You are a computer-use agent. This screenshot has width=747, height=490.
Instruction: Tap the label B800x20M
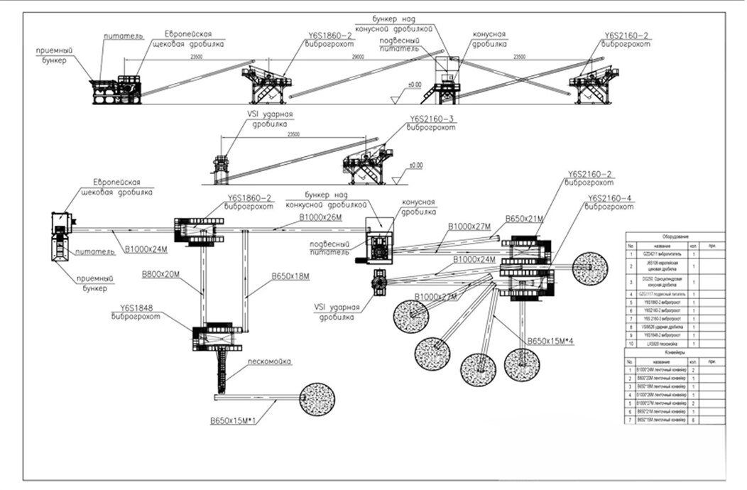(x=162, y=272)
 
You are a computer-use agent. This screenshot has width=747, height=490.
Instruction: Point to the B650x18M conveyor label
(x=290, y=276)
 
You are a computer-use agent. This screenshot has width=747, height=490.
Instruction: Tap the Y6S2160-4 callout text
(x=611, y=200)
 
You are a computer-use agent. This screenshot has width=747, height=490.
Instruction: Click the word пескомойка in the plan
(x=268, y=362)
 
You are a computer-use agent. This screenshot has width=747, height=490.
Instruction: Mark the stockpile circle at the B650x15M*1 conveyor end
(x=318, y=397)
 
